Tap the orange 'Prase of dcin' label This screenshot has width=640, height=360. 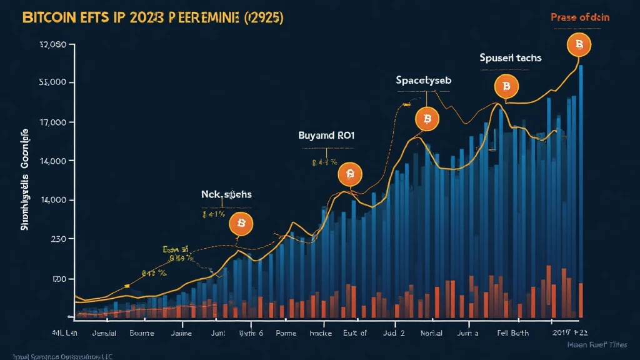pyautogui.click(x=579, y=17)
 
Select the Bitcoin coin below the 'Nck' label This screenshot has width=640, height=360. pyautogui.click(x=241, y=223)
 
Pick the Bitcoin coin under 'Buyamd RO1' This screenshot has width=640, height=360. pyautogui.click(x=349, y=174)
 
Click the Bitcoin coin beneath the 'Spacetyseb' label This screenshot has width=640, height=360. pyautogui.click(x=427, y=118)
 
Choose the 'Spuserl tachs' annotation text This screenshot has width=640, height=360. pyautogui.click(x=510, y=57)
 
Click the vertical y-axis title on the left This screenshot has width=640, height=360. pyautogui.click(x=25, y=181)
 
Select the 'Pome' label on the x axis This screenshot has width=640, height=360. pyautogui.click(x=287, y=333)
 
